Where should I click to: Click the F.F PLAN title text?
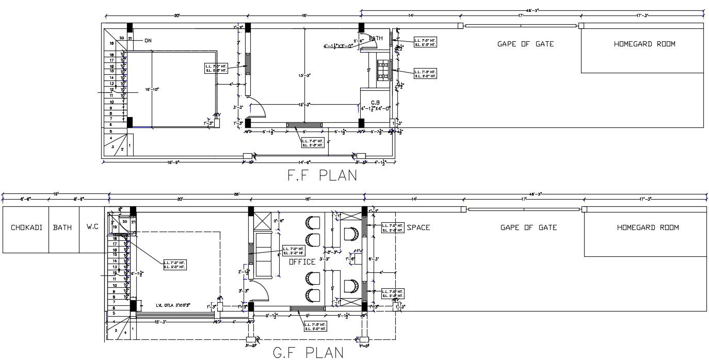point(322,175)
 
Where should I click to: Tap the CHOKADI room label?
point(26,227)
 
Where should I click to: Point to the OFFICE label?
point(302,262)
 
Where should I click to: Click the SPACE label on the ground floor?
point(418,227)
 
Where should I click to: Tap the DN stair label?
point(148,40)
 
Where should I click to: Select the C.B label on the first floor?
point(375,102)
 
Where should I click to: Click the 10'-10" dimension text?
point(152,89)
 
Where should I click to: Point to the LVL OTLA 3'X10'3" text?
point(173,305)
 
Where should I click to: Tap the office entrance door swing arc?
point(264,292)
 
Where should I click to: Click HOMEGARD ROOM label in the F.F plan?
point(644,44)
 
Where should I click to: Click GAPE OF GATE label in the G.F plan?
point(528,227)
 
